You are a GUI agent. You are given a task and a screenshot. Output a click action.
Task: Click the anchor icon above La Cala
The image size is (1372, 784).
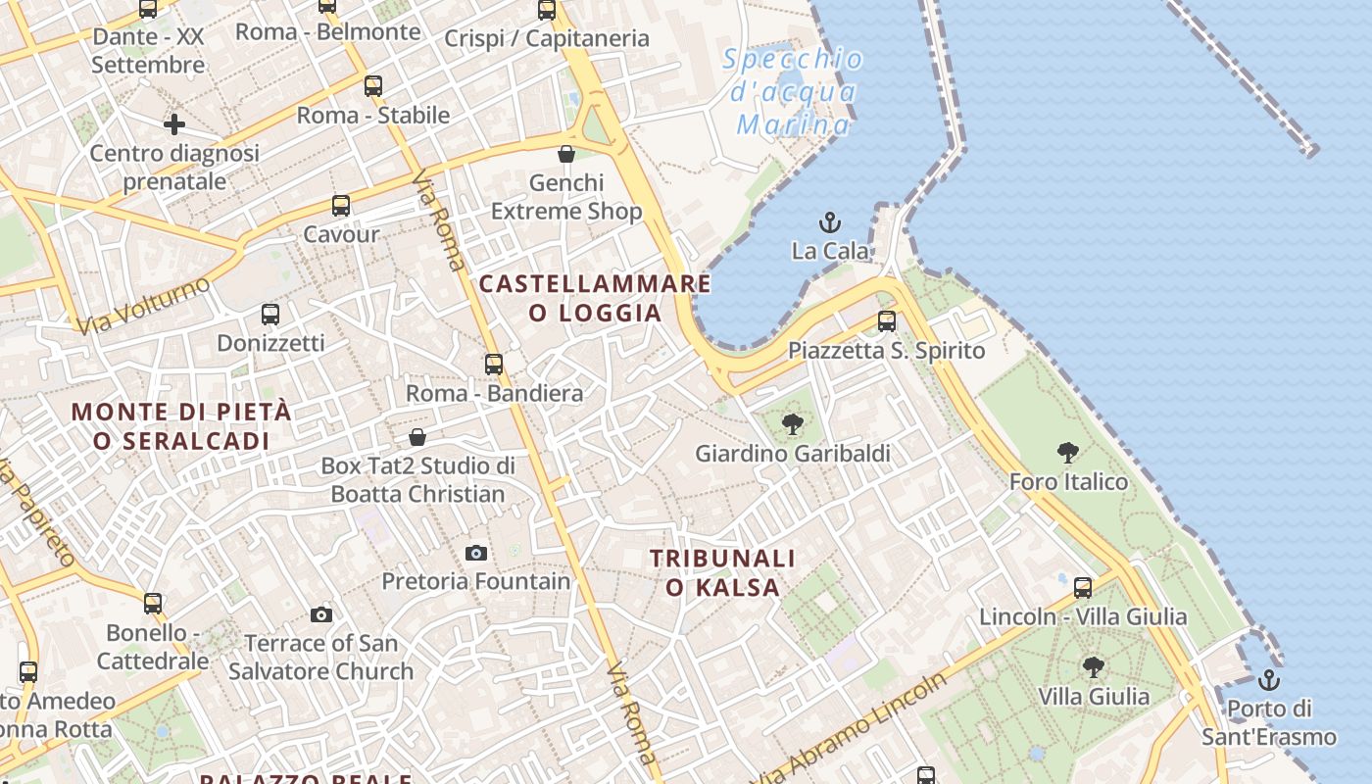(830, 222)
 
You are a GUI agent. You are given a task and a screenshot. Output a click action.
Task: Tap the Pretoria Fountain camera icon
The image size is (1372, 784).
(476, 554)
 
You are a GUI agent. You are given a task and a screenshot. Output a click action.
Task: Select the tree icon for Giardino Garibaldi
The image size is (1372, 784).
(793, 424)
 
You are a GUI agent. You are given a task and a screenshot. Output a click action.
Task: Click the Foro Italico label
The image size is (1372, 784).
(1068, 482)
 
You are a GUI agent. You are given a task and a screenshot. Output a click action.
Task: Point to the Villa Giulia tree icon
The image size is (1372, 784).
(1094, 667)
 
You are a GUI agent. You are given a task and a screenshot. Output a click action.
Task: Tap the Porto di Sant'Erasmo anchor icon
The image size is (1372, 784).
(1269, 679)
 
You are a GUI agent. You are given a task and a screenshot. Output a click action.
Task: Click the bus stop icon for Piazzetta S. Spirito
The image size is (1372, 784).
(887, 320)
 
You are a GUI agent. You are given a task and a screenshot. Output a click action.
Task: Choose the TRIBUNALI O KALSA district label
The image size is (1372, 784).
(723, 572)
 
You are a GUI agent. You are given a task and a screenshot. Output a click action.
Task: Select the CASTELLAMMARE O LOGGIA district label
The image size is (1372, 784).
(595, 298)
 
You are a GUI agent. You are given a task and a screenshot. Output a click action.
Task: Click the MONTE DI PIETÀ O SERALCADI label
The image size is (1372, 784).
(181, 426)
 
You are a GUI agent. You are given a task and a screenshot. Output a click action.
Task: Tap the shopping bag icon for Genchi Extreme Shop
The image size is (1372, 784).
(566, 154)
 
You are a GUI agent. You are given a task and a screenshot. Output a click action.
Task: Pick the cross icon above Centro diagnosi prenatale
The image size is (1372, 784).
(174, 124)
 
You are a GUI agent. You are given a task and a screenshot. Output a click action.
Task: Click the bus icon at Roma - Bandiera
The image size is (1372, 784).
(494, 365)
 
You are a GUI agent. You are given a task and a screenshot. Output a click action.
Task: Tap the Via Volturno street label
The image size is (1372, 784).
(144, 305)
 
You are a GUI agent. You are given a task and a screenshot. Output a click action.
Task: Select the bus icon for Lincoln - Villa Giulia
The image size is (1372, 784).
(1083, 588)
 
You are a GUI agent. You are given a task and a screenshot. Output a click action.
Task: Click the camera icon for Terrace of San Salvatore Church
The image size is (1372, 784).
(321, 615)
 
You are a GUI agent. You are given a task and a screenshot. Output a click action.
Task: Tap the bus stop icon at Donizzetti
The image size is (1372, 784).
(270, 315)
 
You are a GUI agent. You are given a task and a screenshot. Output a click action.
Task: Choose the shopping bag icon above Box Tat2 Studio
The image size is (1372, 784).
(417, 437)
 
